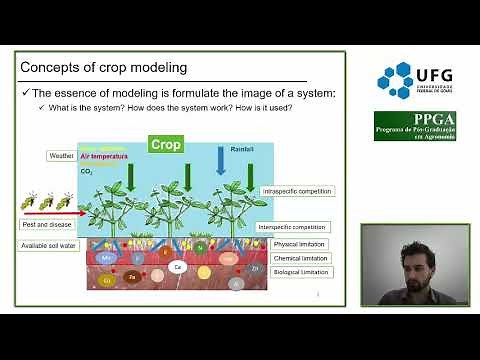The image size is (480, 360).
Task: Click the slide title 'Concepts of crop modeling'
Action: coord(104,68)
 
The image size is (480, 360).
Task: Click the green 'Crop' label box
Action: coord(166,145)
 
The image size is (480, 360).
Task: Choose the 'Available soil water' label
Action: coord(47,245)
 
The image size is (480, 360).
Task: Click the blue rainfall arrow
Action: coord(222,160)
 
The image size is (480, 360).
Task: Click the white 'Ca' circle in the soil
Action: coord(178,267)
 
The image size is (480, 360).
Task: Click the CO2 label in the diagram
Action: coord(86,171)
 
